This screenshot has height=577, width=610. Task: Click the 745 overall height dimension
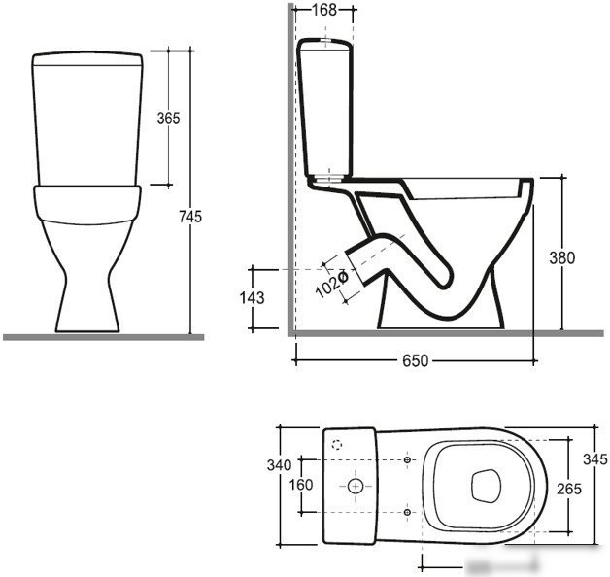point(190,217)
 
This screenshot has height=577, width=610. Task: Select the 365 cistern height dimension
point(168,118)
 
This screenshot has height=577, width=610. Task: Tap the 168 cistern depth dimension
point(324,10)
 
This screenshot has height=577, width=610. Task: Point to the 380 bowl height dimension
point(561,257)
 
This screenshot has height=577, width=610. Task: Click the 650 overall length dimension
point(415,360)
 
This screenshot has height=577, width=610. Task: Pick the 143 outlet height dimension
point(253,297)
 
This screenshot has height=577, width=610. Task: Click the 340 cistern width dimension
point(279,465)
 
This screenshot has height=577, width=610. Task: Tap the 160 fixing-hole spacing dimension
point(301,485)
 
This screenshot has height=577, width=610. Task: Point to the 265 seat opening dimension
point(569,489)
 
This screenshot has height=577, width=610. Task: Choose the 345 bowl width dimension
point(595,459)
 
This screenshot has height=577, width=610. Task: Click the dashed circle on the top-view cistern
point(337,444)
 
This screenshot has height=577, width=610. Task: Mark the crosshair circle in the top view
point(356,486)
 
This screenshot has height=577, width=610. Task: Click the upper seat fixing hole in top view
point(407,459)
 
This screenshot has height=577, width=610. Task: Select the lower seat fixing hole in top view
point(407,512)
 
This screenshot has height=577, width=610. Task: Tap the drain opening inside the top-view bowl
point(486,486)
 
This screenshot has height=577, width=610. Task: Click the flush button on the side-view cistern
point(324,39)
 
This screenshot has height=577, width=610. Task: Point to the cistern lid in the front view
point(87,58)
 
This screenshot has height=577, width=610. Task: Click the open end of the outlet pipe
point(356,268)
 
